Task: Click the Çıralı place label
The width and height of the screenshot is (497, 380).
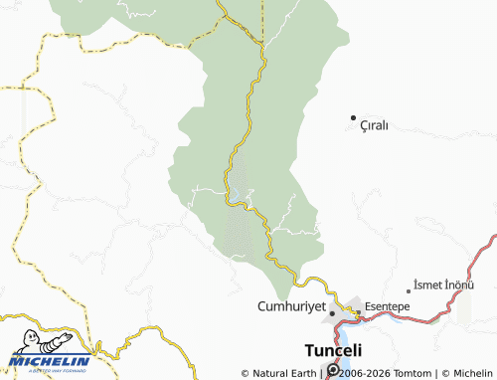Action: coord(374,126)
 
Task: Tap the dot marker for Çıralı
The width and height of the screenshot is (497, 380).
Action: coord(352,119)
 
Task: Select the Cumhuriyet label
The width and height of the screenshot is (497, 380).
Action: coord(291,306)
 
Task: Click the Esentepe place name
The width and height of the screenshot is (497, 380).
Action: coord(389,306)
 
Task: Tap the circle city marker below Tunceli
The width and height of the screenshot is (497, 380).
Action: coord(332,372)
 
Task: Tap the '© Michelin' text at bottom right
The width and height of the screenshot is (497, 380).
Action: coord(466,373)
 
